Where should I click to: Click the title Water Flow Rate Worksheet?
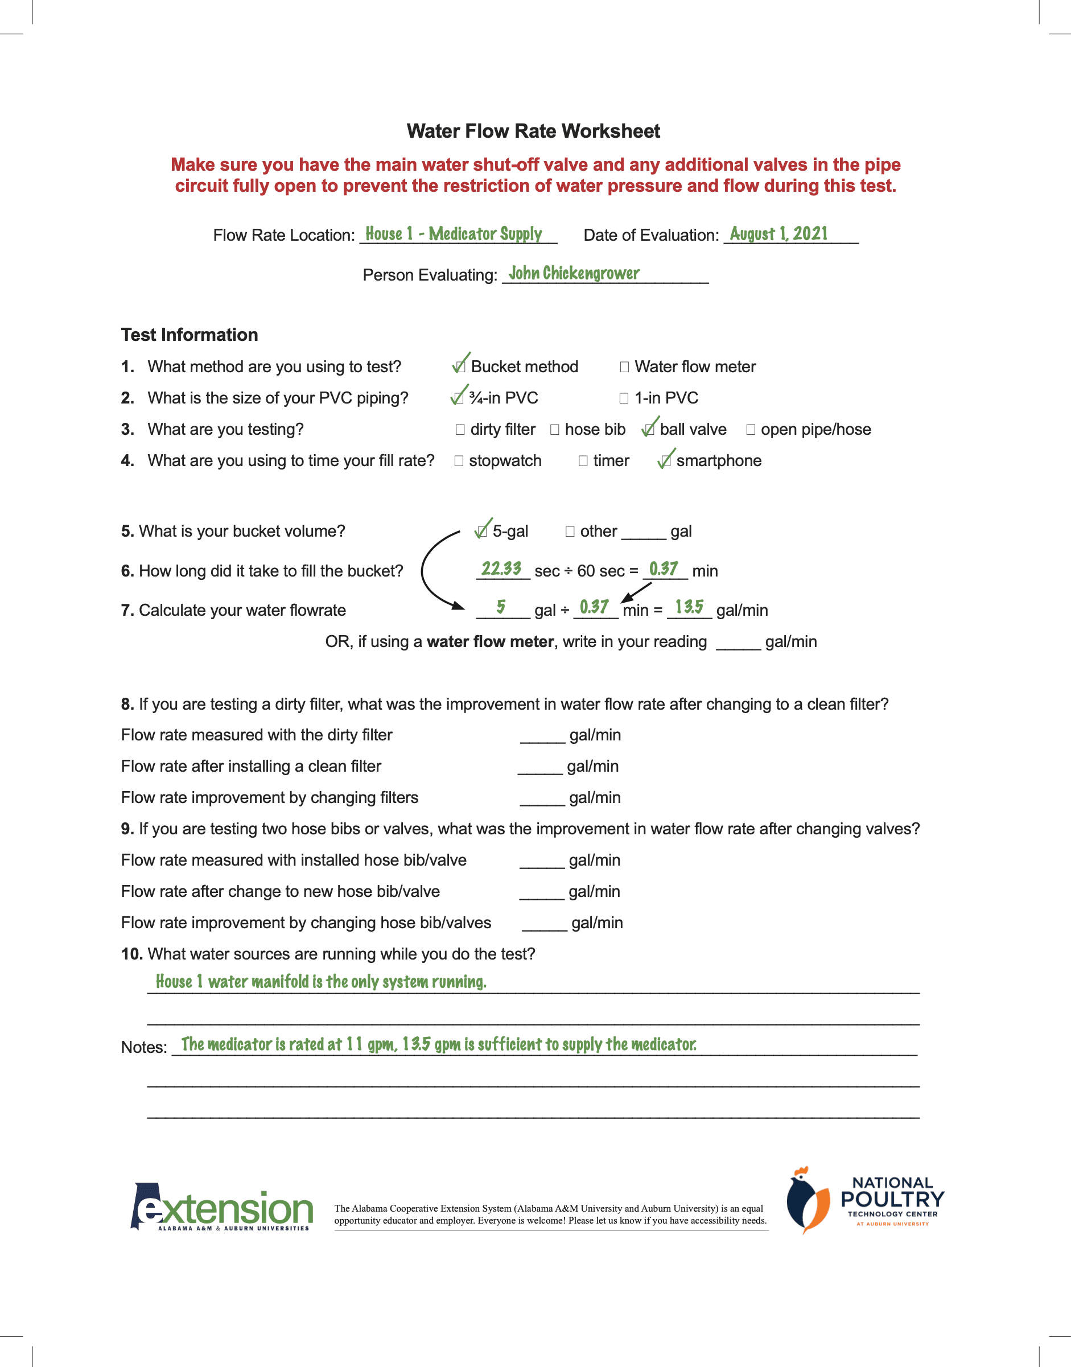(x=533, y=131)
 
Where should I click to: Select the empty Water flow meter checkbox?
(x=624, y=367)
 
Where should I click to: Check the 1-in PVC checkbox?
(x=623, y=398)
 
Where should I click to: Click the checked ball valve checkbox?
(x=649, y=430)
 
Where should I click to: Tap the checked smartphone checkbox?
(x=665, y=461)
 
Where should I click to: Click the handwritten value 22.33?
(x=501, y=568)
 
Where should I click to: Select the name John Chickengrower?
(x=574, y=273)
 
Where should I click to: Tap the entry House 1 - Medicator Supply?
(x=454, y=234)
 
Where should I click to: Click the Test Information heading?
(x=190, y=335)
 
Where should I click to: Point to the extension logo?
(x=222, y=1208)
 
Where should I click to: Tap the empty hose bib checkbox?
(x=554, y=430)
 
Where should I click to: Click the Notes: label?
(x=143, y=1047)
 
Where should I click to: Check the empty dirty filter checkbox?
(x=460, y=430)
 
